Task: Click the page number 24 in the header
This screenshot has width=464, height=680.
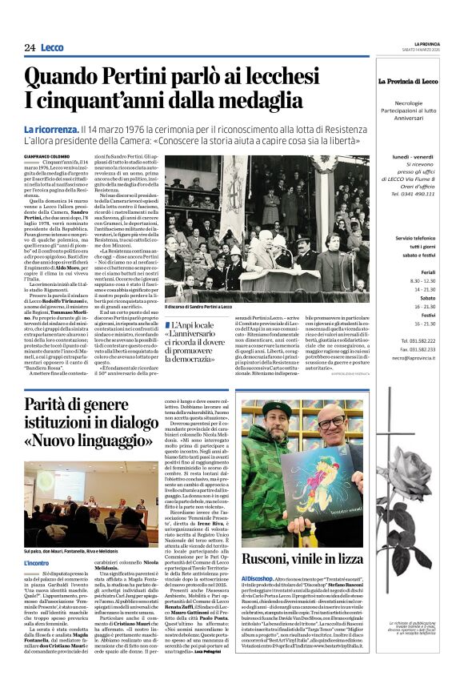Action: pos(30,47)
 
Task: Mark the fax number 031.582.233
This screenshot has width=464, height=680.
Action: pos(413,349)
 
